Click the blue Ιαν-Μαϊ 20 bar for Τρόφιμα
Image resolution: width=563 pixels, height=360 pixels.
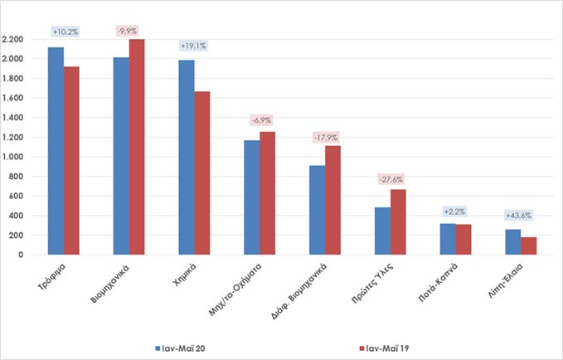tap(56, 151)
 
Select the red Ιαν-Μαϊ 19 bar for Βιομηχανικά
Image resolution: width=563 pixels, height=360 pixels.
tap(137, 147)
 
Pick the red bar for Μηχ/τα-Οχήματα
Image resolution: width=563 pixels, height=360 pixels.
tap(267, 192)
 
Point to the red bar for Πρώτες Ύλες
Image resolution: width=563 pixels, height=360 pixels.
tap(398, 221)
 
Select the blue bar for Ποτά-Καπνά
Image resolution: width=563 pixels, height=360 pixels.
tap(447, 239)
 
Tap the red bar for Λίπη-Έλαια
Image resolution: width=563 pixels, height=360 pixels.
tap(528, 246)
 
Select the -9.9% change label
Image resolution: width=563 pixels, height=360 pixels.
tap(129, 32)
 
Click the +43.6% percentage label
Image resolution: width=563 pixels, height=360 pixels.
tap(519, 216)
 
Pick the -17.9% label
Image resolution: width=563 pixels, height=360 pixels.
tap(324, 136)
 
